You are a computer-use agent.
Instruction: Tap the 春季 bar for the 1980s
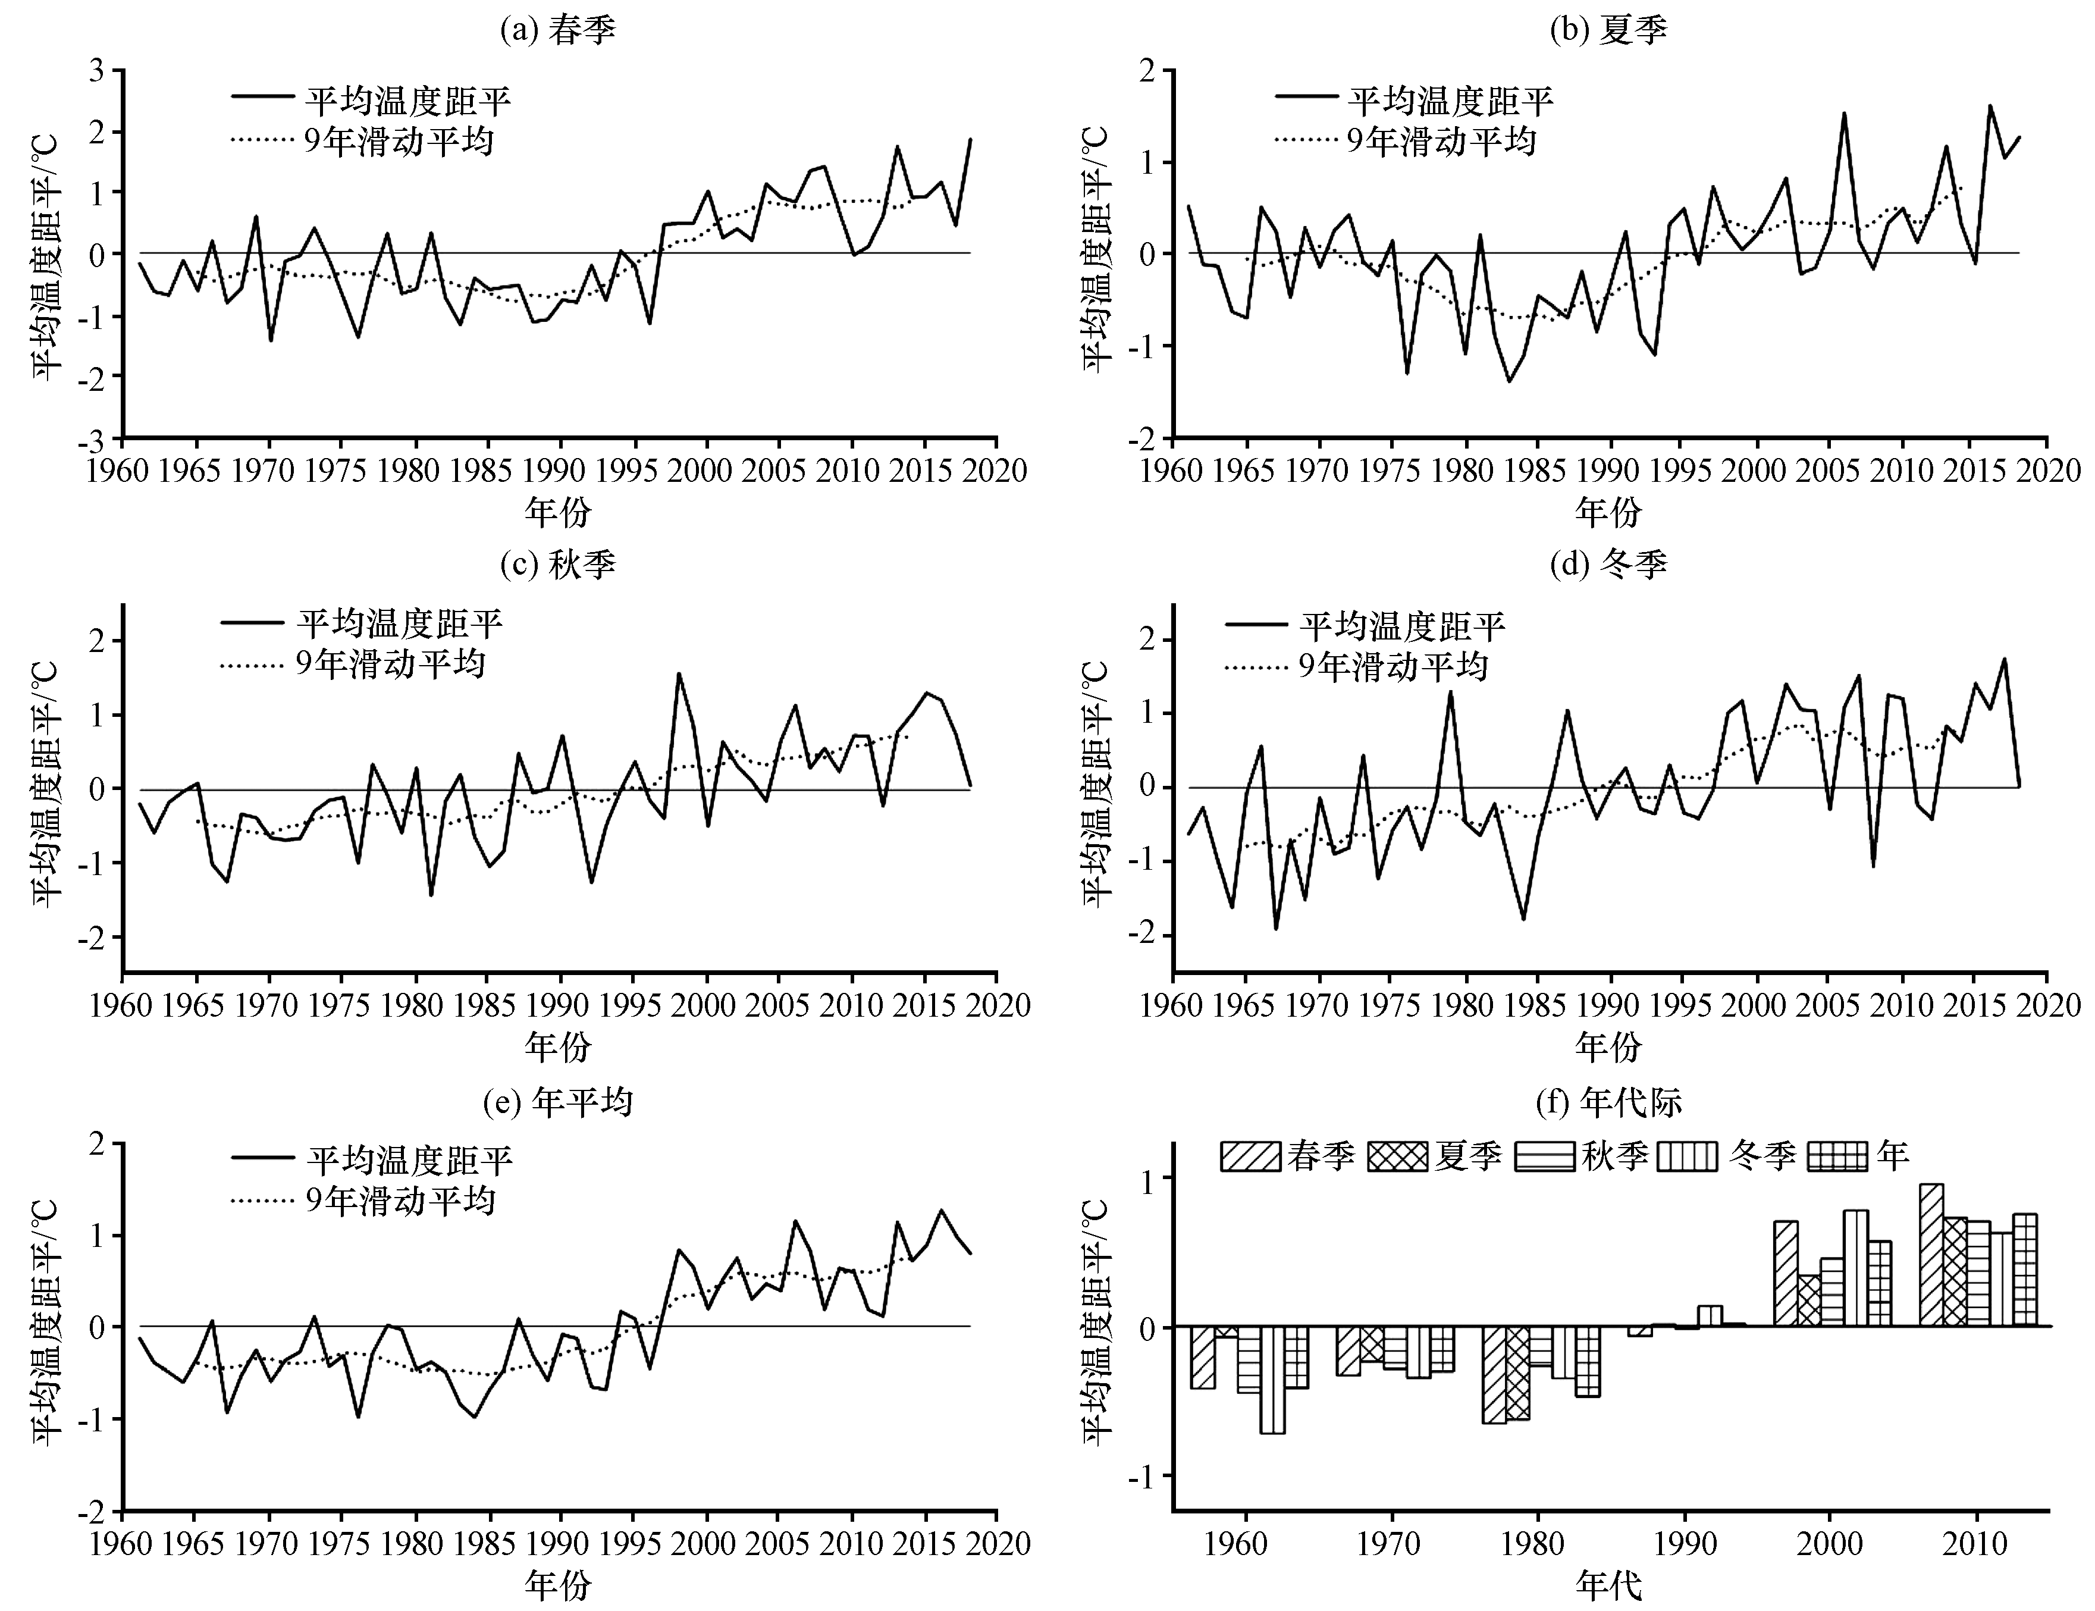point(1494,1375)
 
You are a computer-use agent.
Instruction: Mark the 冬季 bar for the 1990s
point(1710,1317)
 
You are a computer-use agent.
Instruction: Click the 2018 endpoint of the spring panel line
point(970,139)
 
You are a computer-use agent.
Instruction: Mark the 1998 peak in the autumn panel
point(679,673)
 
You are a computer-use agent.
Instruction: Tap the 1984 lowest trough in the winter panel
point(1523,919)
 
